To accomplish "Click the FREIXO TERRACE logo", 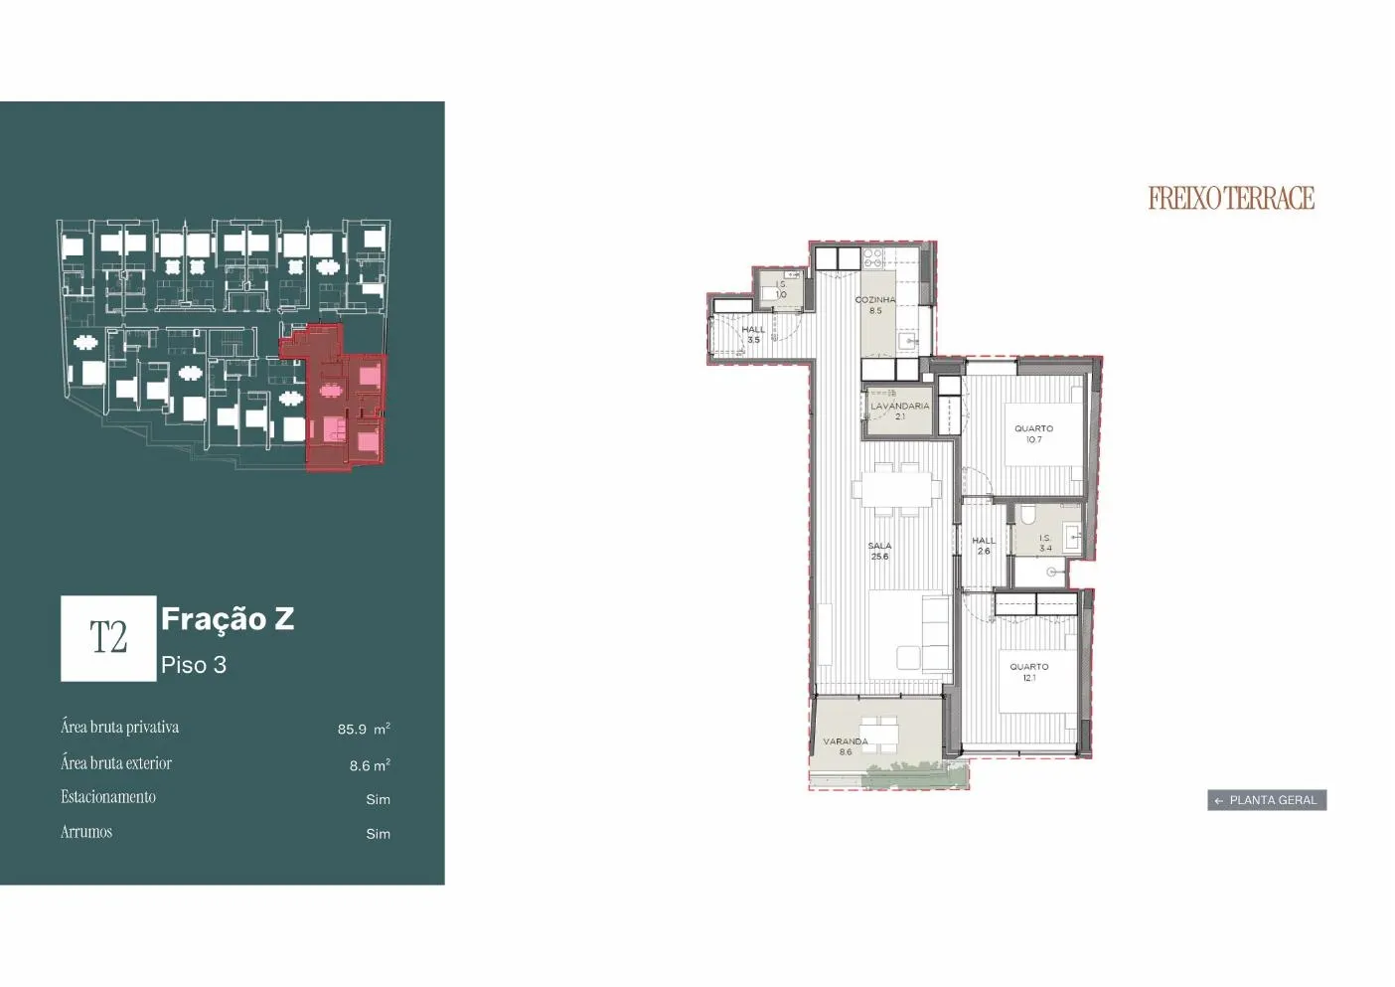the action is [1231, 198].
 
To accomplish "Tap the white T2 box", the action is [108, 638].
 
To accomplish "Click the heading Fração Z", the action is [228, 619].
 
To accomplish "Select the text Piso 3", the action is [194, 665].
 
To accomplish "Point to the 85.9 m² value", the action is [364, 729].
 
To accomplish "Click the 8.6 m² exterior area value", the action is [370, 765].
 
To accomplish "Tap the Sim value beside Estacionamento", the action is [378, 799].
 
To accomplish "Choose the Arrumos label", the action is [86, 832].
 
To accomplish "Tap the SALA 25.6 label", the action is [879, 551].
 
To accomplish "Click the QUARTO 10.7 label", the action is [1033, 433].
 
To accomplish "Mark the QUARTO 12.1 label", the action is [1028, 672].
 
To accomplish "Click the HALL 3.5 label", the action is [753, 335].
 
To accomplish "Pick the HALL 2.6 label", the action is [984, 546].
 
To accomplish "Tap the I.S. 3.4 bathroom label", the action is [1044, 543].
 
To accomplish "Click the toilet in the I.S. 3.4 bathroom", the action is [1027, 514].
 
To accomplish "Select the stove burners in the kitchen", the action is [873, 258].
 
